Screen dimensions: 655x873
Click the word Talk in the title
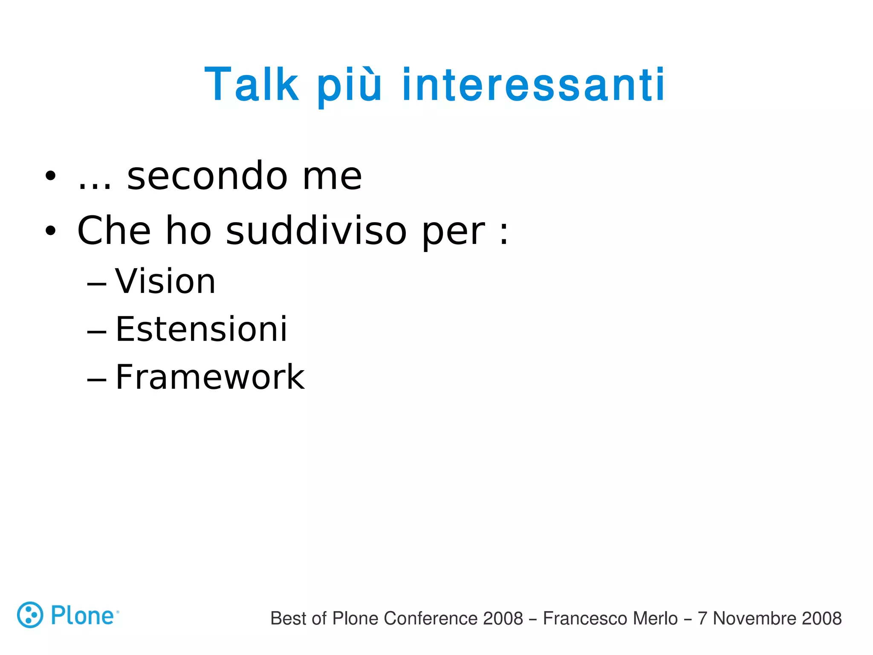tap(251, 85)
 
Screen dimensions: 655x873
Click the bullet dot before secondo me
tap(50, 176)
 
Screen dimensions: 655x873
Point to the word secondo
tap(207, 176)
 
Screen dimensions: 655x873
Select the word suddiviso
tap(316, 231)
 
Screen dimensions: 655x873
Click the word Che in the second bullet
tap(114, 231)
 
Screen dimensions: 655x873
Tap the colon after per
tap(504, 232)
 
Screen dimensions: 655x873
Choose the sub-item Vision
tap(165, 281)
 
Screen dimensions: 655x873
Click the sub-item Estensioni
tap(201, 329)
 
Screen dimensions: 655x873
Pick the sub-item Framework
tap(210, 377)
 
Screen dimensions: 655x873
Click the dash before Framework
tap(96, 379)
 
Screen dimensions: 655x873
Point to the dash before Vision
tap(96, 283)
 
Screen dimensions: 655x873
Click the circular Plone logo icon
tap(30, 615)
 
